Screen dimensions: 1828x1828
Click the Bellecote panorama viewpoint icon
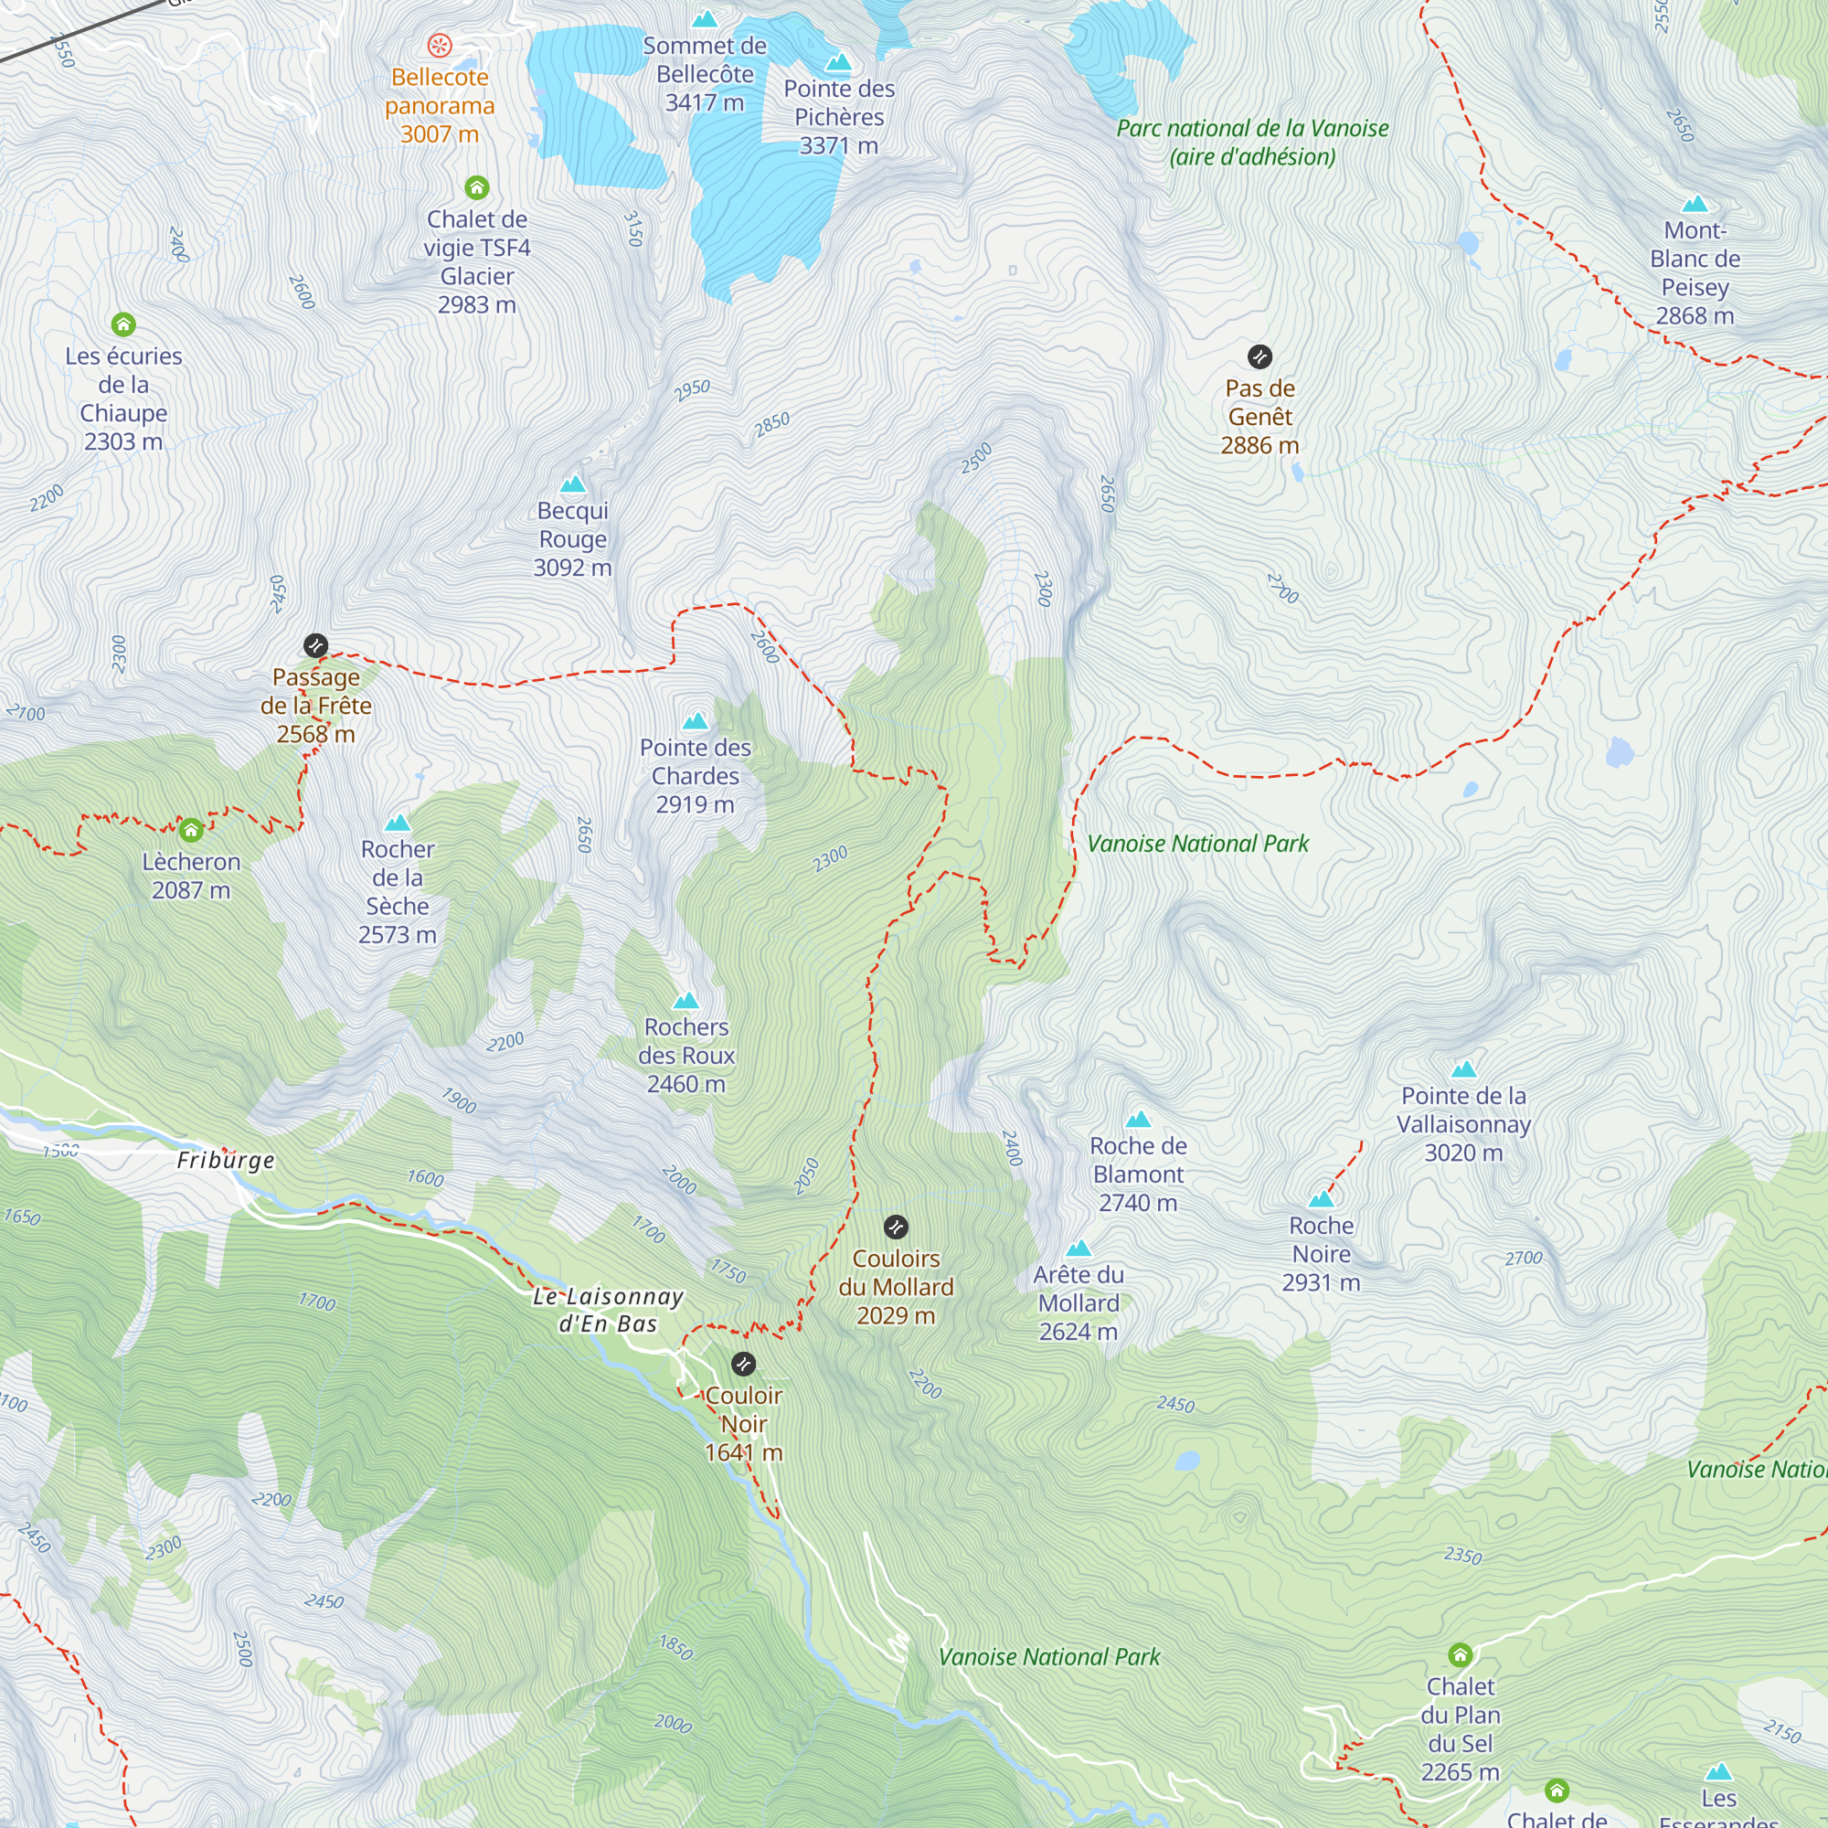click(x=440, y=45)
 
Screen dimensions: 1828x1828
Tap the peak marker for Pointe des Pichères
click(x=838, y=63)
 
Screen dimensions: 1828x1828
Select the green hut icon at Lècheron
click(x=191, y=831)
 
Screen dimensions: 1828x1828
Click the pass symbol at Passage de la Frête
click(x=316, y=646)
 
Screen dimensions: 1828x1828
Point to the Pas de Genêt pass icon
click(x=1259, y=356)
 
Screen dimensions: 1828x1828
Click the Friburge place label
click(x=225, y=1160)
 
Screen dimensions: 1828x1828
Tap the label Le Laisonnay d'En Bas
click(x=608, y=1310)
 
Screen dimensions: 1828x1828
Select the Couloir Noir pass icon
click(x=744, y=1365)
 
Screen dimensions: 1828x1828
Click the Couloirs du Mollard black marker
click(x=896, y=1228)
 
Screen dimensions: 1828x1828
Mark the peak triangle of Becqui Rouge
click(x=572, y=485)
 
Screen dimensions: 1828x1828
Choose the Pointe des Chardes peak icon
click(x=696, y=721)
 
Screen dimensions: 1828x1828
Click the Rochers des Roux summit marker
click(x=686, y=1001)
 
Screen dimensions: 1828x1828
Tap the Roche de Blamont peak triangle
click(x=1138, y=1120)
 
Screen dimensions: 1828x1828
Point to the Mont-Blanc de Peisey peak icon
click(x=1695, y=205)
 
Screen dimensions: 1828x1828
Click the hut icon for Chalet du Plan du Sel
click(x=1460, y=1655)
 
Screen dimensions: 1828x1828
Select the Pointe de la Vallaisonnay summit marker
click(x=1463, y=1070)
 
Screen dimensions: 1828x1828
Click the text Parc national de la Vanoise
click(x=1252, y=129)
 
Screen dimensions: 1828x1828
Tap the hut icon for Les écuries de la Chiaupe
click(x=123, y=325)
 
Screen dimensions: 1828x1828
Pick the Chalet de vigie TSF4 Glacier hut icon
click(x=477, y=187)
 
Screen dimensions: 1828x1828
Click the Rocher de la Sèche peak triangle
click(x=398, y=824)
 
